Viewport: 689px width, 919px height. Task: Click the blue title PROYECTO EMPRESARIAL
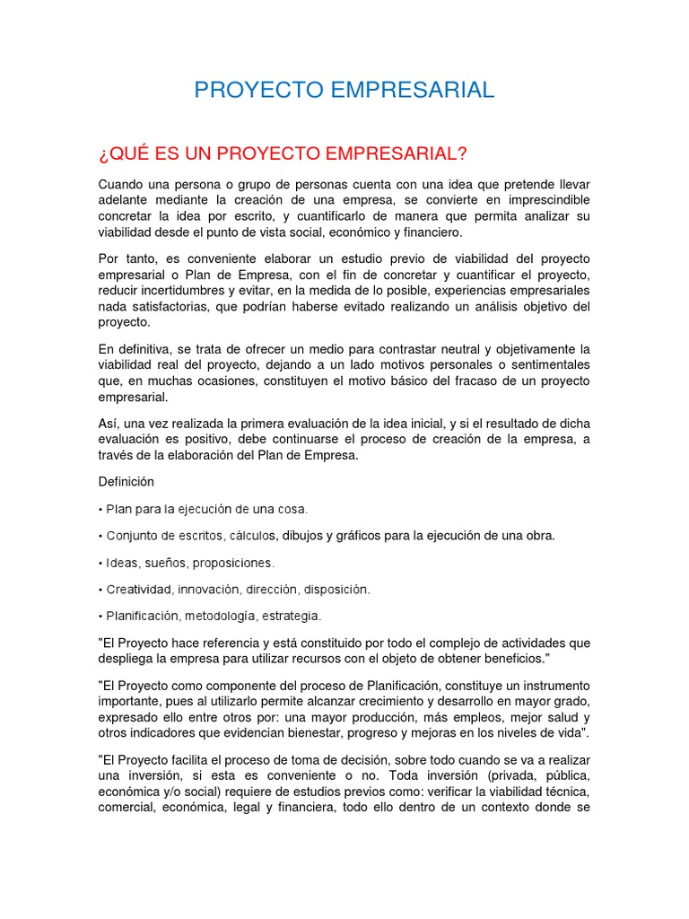pyautogui.click(x=344, y=90)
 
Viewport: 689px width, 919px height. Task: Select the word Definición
pyautogui.click(x=126, y=481)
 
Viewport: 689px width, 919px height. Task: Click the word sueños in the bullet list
pyautogui.click(x=163, y=563)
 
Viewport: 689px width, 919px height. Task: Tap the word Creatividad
pyautogui.click(x=139, y=590)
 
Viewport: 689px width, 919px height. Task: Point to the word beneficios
pyautogui.click(x=512, y=659)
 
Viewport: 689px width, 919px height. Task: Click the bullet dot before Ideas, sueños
pyautogui.click(x=100, y=563)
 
